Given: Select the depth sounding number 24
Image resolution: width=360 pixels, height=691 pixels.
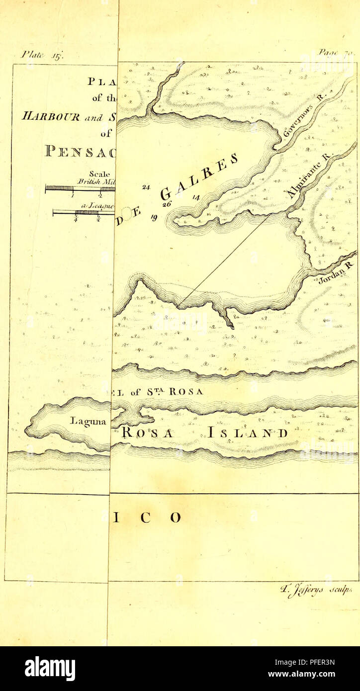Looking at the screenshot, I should [146, 187].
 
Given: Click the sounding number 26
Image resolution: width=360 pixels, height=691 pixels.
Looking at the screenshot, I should [166, 204].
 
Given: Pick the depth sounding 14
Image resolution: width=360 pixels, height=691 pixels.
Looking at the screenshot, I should [196, 198].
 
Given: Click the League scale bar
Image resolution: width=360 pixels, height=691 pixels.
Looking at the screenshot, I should [84, 212].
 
